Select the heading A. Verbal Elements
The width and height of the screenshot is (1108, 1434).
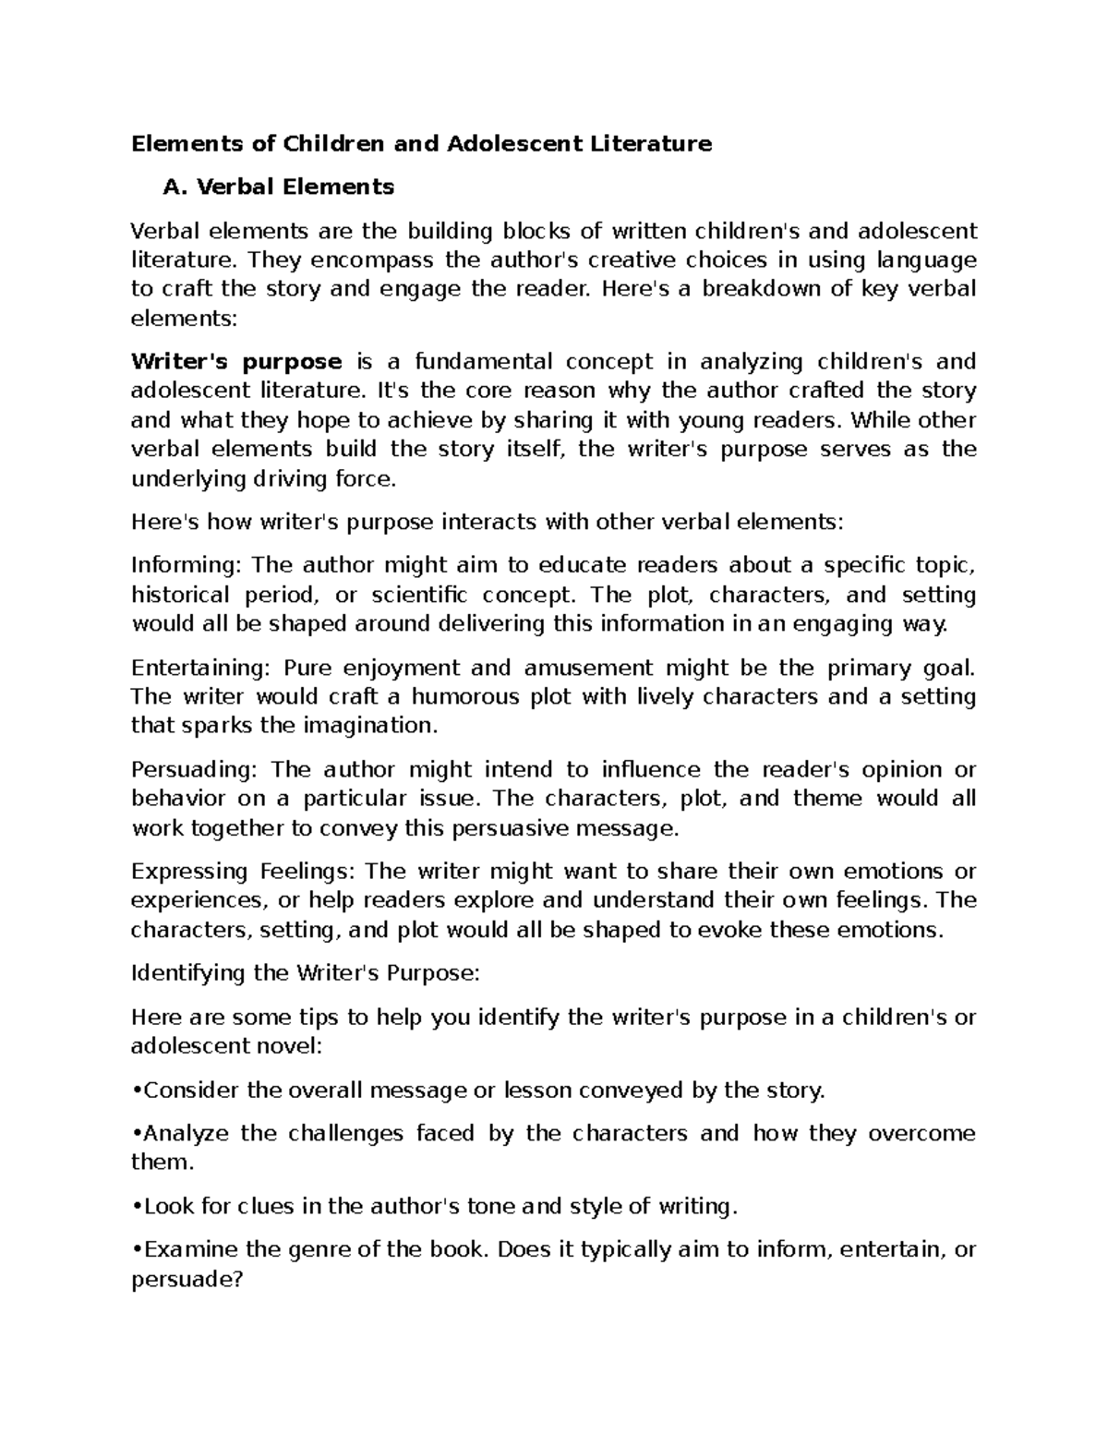(x=278, y=187)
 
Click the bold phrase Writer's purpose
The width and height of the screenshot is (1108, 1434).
(x=237, y=361)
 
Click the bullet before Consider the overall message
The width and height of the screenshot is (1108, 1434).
(x=138, y=1091)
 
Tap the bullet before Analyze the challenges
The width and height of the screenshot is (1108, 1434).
(x=138, y=1133)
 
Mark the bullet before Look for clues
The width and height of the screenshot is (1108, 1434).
(x=138, y=1206)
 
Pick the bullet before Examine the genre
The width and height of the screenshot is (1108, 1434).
(x=138, y=1249)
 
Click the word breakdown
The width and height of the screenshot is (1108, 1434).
(x=758, y=289)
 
